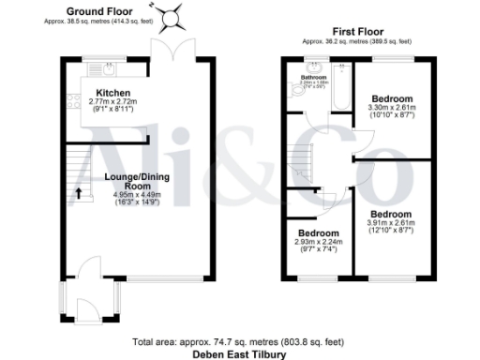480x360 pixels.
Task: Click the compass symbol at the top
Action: coord(172,16)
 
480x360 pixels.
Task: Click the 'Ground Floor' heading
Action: coord(98,11)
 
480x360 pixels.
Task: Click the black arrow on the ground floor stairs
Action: coord(78,195)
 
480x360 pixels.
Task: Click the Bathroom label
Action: coord(311,76)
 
